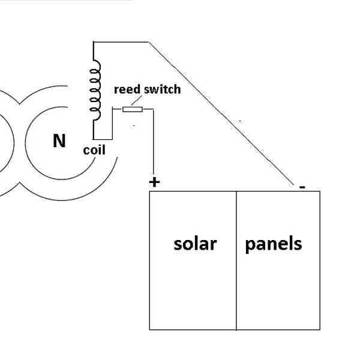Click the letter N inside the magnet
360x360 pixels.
(x=59, y=142)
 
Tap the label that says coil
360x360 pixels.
(x=94, y=151)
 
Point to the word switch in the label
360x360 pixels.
(x=161, y=91)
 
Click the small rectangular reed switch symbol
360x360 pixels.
(x=132, y=109)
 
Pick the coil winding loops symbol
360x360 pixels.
(x=95, y=90)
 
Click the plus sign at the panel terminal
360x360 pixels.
(x=154, y=182)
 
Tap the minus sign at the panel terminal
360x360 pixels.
(x=302, y=187)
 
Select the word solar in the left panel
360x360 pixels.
(x=194, y=244)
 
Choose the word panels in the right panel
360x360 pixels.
(x=274, y=244)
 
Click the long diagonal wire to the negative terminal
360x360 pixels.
(x=222, y=114)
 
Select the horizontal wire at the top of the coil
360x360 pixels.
(x=120, y=42)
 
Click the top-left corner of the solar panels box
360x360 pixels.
(x=149, y=192)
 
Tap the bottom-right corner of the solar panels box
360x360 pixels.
(x=322, y=329)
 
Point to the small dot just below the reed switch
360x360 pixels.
(x=134, y=125)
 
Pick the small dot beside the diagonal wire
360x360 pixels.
(x=241, y=121)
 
